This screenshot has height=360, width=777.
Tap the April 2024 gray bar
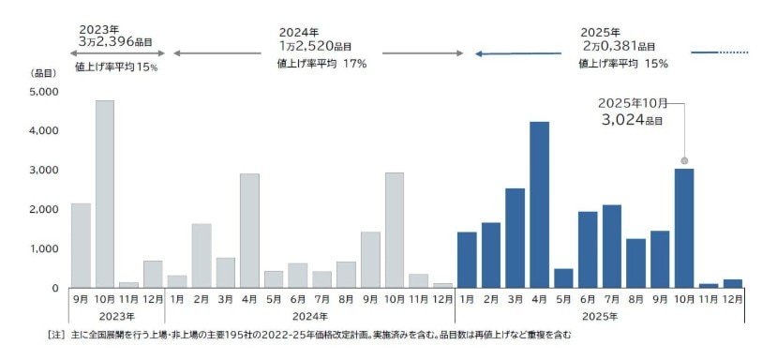coord(249,231)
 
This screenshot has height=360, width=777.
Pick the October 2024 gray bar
coord(394,230)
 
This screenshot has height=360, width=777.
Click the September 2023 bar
coord(81,246)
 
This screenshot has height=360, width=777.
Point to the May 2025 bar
coord(562,278)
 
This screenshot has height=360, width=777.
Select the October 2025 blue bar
coord(684,228)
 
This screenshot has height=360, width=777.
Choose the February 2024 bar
coord(201,255)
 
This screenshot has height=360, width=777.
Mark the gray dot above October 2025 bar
coord(684,160)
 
